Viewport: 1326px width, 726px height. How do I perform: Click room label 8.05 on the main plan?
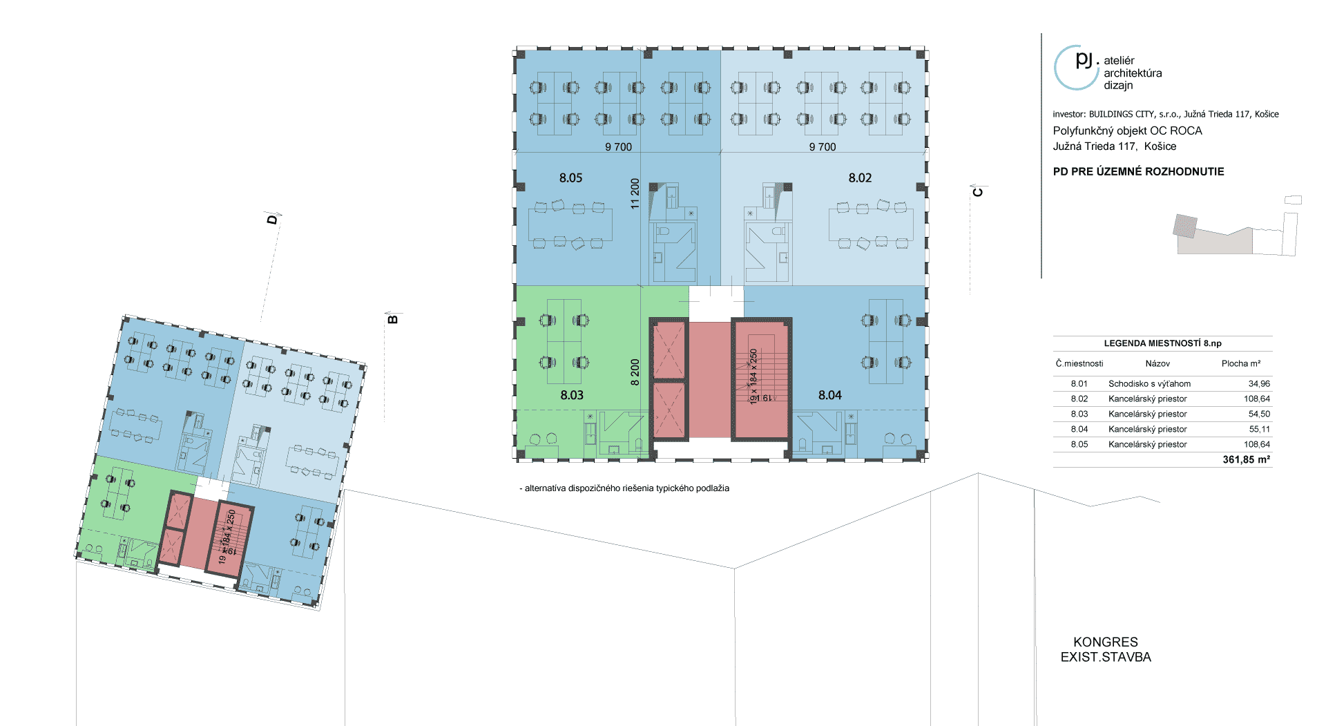[x=570, y=178]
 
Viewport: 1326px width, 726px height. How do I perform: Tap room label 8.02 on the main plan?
[x=860, y=178]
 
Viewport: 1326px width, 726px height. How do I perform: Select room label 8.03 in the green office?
[x=572, y=395]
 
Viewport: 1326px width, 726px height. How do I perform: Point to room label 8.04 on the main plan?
[x=830, y=395]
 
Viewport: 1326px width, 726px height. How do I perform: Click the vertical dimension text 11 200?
[x=635, y=193]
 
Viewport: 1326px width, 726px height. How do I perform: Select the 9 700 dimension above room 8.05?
[x=618, y=147]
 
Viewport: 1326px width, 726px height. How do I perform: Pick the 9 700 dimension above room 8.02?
[x=823, y=147]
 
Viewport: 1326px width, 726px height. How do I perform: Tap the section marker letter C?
[x=978, y=191]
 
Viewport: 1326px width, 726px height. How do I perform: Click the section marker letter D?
[x=272, y=219]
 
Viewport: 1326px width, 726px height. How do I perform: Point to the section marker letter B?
[x=393, y=318]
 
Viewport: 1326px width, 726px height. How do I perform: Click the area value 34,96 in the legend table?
[x=1259, y=384]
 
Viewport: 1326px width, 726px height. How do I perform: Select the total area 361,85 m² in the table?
[x=1246, y=460]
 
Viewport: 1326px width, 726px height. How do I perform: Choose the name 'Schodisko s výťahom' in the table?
[x=1149, y=384]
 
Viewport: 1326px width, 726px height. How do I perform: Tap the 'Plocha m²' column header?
[x=1241, y=363]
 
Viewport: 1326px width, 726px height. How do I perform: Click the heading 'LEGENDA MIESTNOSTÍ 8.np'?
[x=1162, y=343]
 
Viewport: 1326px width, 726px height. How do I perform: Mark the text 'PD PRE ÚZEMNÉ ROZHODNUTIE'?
[x=1138, y=172]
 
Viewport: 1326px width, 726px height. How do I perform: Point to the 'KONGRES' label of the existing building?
[x=1105, y=642]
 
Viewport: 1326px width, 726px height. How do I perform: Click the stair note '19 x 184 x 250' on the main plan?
[x=753, y=376]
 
